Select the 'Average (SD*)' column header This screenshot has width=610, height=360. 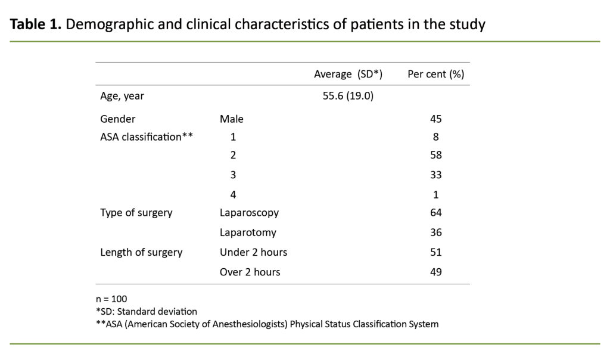coord(348,74)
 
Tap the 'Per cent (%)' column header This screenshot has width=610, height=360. coord(435,74)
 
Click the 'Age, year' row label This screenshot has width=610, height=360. coord(122,95)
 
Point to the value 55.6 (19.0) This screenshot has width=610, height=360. coord(348,95)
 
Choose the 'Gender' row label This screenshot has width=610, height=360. coord(118,119)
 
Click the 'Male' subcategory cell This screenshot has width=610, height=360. coord(232,119)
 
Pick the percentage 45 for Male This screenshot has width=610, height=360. coord(435,119)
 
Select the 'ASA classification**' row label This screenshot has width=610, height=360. coord(147,136)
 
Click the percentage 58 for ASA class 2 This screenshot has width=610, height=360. coord(435,156)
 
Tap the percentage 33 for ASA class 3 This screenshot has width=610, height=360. coord(435,175)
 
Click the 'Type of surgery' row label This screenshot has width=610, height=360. coord(137,213)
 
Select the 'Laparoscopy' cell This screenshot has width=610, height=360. coord(249,213)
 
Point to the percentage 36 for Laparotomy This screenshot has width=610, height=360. coord(435,232)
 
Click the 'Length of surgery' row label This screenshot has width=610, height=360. coord(141,252)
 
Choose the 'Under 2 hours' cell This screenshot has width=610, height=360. coord(253,252)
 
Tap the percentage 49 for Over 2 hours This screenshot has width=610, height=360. coord(435,272)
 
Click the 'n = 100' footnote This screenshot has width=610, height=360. coord(111,299)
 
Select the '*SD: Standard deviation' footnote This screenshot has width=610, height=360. coord(146,311)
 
